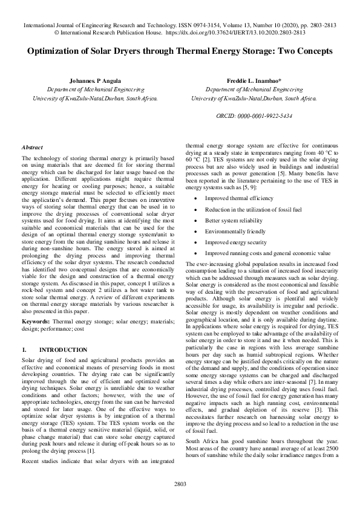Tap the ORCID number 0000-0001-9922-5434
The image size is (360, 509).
[x=254, y=115]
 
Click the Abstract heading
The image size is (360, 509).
[x=32, y=148]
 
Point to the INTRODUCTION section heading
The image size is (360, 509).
[x=63, y=350]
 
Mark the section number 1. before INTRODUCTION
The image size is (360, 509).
[x=24, y=350]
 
